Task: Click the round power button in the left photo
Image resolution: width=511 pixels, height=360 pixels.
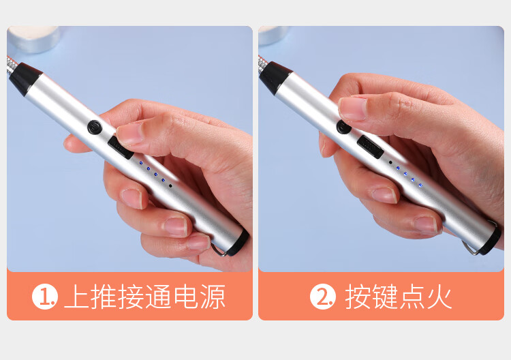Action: pos(95,127)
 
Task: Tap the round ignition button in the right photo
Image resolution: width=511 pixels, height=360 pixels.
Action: pos(343,127)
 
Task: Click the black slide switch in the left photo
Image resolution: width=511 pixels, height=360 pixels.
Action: pos(120,148)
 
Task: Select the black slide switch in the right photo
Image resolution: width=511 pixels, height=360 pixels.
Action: pos(370,147)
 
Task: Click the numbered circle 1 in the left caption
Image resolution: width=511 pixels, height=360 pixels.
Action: pos(45,297)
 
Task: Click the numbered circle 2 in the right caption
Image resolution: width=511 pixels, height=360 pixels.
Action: pos(323,297)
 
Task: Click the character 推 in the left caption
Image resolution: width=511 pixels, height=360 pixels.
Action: pos(103,297)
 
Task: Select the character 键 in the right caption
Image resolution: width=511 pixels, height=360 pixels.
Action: pos(385,297)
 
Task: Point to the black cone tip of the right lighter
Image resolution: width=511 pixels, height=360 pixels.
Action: pos(275,78)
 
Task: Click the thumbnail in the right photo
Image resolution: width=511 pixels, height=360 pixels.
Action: pos(352,108)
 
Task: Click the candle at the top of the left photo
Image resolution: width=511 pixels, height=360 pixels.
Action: pos(34,39)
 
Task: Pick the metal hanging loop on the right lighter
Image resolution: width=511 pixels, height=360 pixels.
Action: pos(470,247)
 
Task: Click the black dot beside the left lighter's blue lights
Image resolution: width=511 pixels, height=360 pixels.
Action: pos(170,186)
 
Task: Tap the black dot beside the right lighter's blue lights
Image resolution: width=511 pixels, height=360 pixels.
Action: pos(390,162)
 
